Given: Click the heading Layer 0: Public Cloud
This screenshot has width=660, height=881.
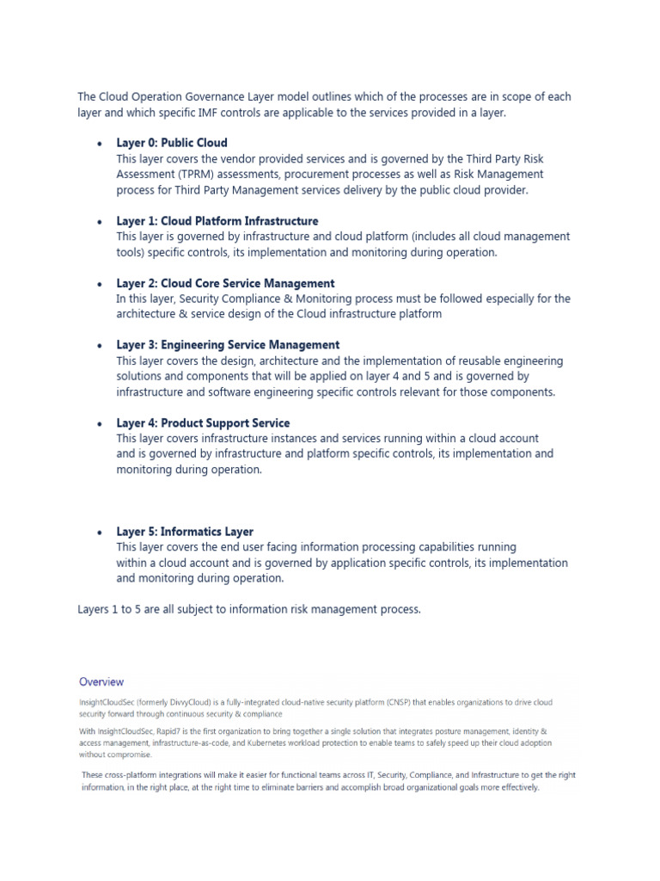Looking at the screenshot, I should (172, 143).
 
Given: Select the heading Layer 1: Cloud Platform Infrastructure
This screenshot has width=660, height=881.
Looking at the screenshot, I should (217, 221).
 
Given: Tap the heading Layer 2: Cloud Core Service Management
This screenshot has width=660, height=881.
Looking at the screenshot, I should (225, 283).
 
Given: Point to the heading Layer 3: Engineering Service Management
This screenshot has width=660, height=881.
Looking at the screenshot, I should (228, 345).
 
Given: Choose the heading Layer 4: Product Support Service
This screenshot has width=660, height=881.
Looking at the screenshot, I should (203, 423).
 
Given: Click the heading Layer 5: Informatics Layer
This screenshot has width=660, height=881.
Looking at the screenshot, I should (185, 532).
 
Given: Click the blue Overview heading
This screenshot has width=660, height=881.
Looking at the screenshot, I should (101, 681).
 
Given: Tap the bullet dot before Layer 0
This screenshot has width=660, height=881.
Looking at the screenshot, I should (101, 144).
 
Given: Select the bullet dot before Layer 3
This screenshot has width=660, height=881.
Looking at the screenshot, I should (101, 346).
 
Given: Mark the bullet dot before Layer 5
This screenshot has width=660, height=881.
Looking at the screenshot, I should (101, 533).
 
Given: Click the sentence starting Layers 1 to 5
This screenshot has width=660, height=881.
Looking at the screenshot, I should (249, 609).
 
